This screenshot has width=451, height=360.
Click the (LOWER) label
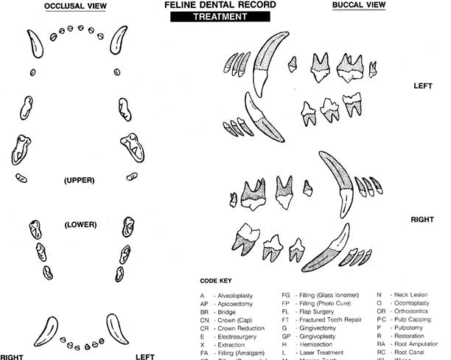click(77, 224)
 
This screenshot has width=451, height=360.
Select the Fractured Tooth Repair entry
click(336, 319)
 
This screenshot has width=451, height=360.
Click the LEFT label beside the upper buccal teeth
click(423, 86)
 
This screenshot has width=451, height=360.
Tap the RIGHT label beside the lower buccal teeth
click(423, 220)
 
